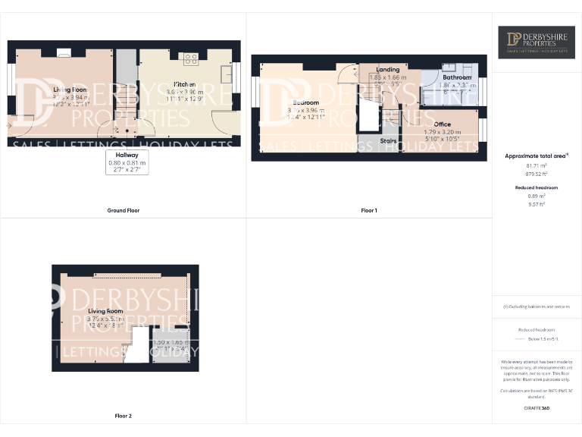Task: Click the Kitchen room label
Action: (186, 83)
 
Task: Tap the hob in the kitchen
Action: (189, 58)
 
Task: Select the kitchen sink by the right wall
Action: (227, 73)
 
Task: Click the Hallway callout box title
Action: (127, 155)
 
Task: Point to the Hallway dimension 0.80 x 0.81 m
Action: (127, 163)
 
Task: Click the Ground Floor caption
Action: (123, 210)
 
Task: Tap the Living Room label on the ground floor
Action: (70, 90)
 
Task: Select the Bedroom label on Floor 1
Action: (303, 102)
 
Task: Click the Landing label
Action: (388, 70)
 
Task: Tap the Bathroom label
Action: (457, 77)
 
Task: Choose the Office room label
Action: (443, 124)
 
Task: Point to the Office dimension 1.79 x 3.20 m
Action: (443, 132)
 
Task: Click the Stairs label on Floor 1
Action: (389, 140)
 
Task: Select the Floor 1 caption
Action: (369, 210)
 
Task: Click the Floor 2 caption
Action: (123, 416)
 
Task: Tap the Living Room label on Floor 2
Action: (105, 311)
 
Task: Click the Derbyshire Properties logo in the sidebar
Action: (537, 42)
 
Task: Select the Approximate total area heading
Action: (537, 156)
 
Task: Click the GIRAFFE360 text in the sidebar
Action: (537, 408)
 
